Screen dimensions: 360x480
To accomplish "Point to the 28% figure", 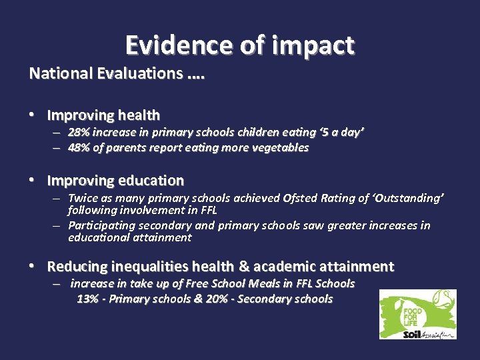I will coord(80,132).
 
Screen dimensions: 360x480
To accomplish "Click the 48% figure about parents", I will coord(80,147).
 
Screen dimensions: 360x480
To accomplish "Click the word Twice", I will coord(83,198).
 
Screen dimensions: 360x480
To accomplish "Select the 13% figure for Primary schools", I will coord(88,299).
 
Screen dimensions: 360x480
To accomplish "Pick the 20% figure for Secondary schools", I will coord(217,299).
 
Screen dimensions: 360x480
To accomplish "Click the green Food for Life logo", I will coord(417,314).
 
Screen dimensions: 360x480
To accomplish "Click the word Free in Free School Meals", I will coord(197,283).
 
